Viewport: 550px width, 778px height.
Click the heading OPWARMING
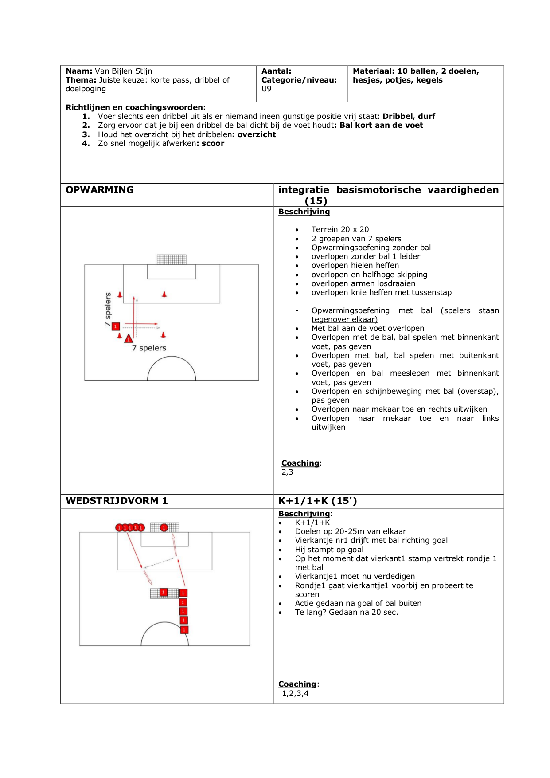pos(99,190)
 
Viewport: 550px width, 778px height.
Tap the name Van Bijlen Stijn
pos(123,71)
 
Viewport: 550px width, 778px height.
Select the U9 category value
pos(266,89)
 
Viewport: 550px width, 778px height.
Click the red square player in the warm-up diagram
pos(116,326)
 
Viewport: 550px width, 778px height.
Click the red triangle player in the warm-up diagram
pos(129,339)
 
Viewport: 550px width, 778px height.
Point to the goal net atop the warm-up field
pos(172,259)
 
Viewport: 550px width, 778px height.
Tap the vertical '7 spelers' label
pos(108,309)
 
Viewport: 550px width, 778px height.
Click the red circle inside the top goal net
pos(164,527)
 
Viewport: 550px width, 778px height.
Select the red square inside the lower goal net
pos(163,593)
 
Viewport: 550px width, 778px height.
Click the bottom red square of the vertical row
pos(184,629)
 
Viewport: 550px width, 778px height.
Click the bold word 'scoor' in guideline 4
pos(213,143)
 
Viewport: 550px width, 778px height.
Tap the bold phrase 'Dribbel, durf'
pos(409,116)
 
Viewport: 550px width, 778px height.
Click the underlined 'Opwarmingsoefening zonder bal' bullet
pos(371,248)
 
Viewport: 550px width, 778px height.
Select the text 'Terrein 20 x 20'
pos(340,229)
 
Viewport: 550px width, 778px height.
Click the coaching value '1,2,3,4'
pos(295,693)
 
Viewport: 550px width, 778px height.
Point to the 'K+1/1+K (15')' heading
pos(317,501)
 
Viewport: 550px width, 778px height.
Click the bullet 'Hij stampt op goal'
pos(329,550)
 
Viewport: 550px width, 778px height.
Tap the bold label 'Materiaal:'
pos(373,71)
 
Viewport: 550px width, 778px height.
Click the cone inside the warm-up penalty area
pos(164,294)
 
